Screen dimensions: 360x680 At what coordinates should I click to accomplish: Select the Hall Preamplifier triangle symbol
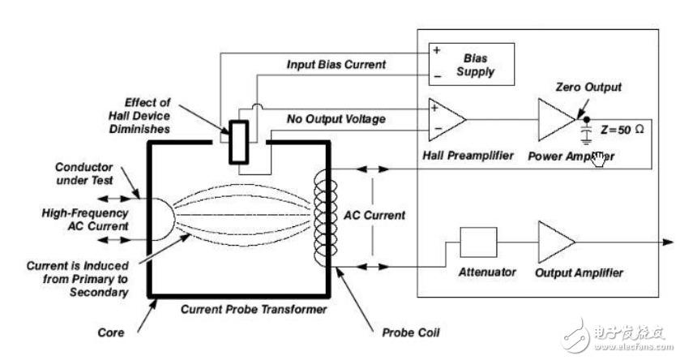click(x=447, y=118)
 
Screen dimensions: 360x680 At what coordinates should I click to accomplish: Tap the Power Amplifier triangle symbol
click(x=557, y=118)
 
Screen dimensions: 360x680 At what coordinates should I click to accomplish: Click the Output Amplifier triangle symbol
click(x=557, y=242)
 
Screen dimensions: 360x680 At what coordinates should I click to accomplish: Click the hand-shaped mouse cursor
click(x=601, y=159)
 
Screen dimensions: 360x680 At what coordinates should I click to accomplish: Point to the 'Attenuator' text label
click(x=488, y=272)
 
